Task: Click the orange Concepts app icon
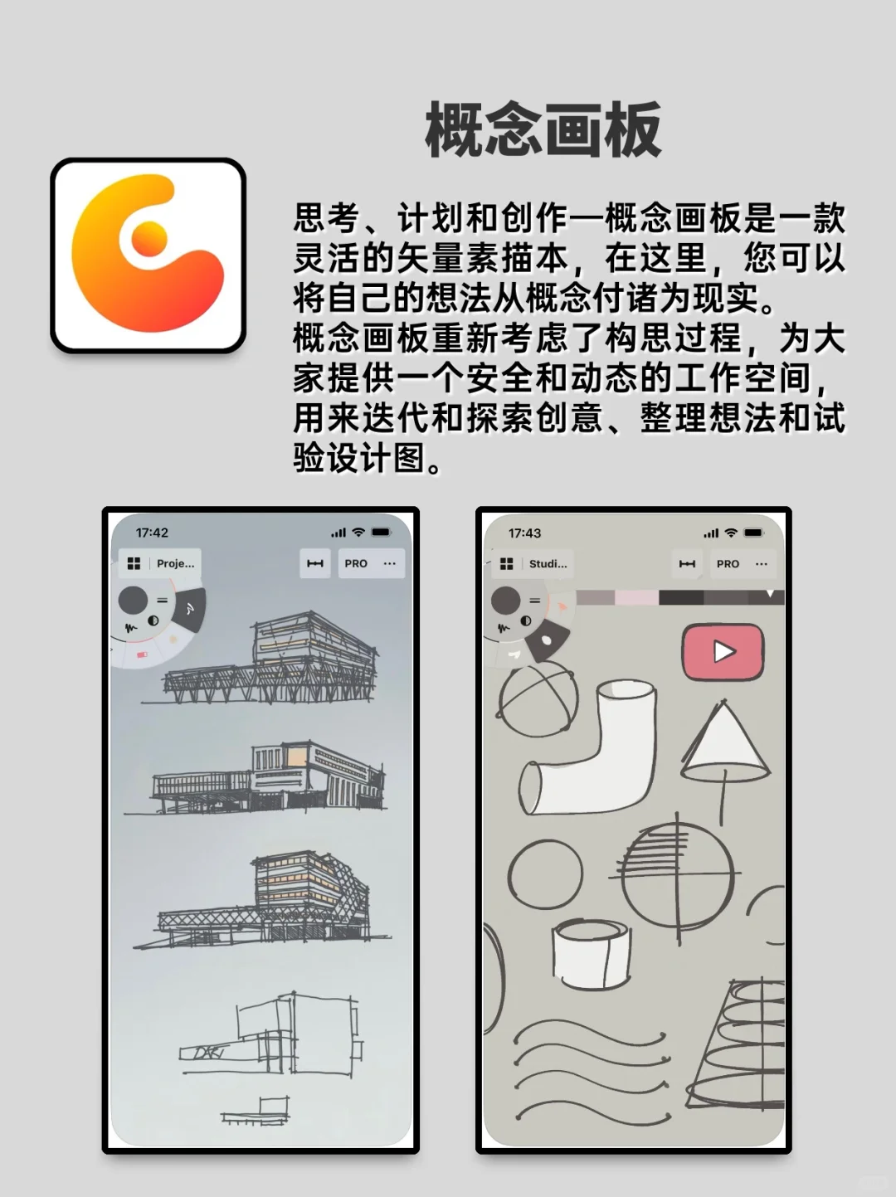149,255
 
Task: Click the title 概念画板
543,130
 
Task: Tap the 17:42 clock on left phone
152,533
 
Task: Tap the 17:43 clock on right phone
524,533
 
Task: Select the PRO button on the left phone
356,563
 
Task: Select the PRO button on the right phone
728,563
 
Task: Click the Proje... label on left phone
175,563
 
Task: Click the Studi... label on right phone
548,563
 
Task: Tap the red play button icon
723,652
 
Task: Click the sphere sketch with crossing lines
538,699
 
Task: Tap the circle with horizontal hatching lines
677,875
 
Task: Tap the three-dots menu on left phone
390,563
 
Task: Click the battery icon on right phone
753,533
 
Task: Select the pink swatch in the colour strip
635,597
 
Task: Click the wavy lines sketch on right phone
589,1070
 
